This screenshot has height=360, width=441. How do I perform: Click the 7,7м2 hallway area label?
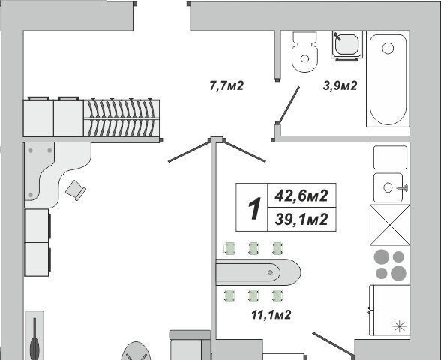[226, 85]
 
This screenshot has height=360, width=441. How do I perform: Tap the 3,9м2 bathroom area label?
[340, 85]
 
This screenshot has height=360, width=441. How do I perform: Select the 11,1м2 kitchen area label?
[271, 314]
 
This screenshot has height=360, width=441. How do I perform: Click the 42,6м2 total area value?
[301, 196]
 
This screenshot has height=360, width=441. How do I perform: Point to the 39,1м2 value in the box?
[301, 219]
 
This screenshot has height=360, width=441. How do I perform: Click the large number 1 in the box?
[255, 208]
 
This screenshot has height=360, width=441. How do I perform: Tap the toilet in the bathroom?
[304, 52]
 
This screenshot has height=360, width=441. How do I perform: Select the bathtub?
[388, 79]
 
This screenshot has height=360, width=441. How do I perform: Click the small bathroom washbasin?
[346, 45]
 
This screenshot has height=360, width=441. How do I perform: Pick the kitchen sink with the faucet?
[390, 187]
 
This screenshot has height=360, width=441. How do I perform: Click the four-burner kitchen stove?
[390, 265]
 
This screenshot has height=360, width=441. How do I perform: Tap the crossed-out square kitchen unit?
[390, 225]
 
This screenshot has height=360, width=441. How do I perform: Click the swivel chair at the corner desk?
[76, 190]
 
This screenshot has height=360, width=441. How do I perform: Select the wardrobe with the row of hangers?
[121, 118]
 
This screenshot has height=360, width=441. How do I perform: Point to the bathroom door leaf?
[288, 105]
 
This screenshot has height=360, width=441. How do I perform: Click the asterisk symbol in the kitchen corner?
[400, 326]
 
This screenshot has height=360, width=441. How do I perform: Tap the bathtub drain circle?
[388, 48]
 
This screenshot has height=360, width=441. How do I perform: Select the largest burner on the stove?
[398, 273]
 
